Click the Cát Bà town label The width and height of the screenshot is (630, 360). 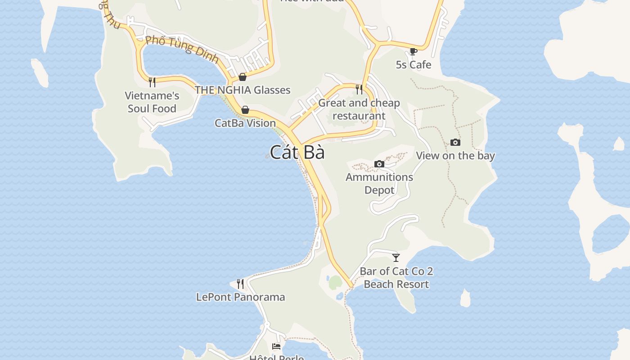click(297, 152)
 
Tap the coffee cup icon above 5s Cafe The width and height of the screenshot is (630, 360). click(413, 51)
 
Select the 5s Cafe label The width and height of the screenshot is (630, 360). click(413, 65)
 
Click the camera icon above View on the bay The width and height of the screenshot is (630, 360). click(455, 143)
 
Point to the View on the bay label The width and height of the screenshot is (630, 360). click(455, 156)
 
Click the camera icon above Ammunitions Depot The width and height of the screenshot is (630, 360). click(379, 164)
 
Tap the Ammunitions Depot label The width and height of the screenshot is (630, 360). click(379, 183)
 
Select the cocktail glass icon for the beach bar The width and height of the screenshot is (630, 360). click(396, 258)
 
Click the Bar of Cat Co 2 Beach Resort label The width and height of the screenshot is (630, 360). click(396, 278)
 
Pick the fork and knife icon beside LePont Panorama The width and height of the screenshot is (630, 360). click(240, 284)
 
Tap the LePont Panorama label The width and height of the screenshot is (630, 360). click(240, 297)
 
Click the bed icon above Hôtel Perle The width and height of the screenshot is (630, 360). click(276, 346)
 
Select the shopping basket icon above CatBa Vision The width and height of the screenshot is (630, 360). click(245, 110)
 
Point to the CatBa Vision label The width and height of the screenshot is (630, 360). click(245, 123)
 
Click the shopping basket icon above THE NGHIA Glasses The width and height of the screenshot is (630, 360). click(243, 77)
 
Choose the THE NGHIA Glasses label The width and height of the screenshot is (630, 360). click(243, 90)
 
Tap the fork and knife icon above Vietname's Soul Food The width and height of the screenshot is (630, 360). click(152, 82)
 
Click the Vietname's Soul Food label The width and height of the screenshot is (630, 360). click(152, 102)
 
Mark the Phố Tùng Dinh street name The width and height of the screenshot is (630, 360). click(182, 49)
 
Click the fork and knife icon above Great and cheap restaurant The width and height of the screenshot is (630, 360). click(359, 90)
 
